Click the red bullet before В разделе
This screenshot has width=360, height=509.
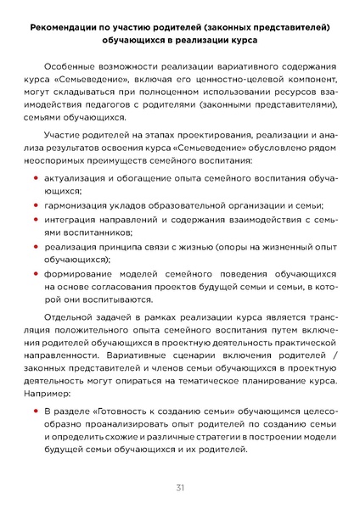[x=36, y=411]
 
